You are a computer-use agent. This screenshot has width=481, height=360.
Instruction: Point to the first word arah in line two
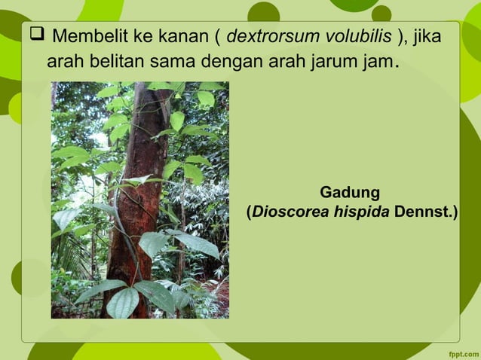(x=64, y=61)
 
